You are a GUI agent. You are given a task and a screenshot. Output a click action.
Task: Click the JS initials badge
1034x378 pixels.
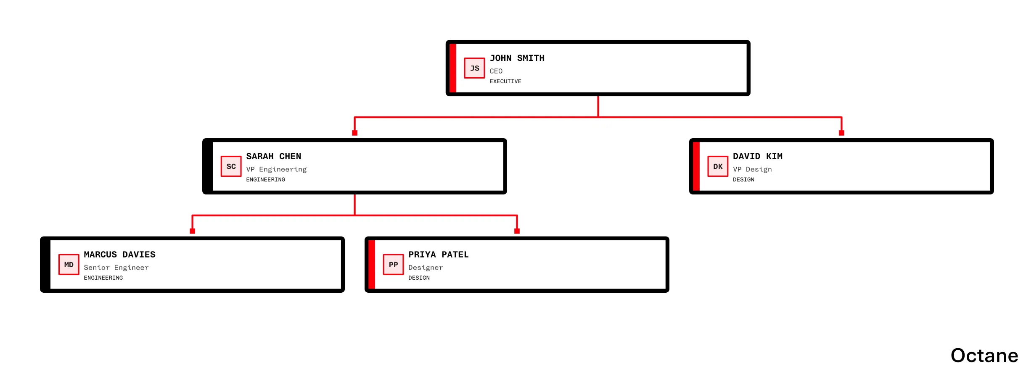474,68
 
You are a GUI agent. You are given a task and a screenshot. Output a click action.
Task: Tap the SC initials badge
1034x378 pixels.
231,166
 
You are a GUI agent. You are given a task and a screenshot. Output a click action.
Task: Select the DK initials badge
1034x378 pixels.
718,166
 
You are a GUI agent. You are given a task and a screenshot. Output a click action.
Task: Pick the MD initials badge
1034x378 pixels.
69,265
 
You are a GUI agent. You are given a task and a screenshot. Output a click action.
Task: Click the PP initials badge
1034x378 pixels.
393,265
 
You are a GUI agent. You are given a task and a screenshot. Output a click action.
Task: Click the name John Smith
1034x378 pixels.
517,58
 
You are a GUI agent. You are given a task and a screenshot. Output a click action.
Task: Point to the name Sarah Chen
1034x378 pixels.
273,156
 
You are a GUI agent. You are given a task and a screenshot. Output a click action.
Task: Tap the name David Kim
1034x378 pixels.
757,156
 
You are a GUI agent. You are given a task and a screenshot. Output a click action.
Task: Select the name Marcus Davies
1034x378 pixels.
119,255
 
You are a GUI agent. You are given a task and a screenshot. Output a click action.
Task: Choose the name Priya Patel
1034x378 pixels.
438,255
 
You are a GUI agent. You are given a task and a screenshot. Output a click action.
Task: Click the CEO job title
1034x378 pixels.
496,71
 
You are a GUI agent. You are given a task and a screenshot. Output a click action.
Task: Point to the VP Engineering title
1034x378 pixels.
276,169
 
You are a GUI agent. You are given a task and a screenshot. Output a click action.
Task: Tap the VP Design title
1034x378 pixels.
752,169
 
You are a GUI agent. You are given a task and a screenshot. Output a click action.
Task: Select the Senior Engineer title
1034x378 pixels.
116,268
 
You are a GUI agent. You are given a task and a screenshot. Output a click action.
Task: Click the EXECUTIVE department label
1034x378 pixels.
505,81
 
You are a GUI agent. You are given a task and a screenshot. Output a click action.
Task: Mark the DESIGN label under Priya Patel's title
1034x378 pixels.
419,278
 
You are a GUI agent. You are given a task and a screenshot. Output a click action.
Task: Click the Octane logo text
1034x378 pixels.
984,355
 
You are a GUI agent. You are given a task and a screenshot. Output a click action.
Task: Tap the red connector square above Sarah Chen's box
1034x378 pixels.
354,133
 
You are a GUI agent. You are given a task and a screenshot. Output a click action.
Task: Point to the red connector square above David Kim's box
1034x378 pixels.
841,133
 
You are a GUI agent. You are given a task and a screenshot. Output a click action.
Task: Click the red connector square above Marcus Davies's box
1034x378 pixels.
192,231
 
